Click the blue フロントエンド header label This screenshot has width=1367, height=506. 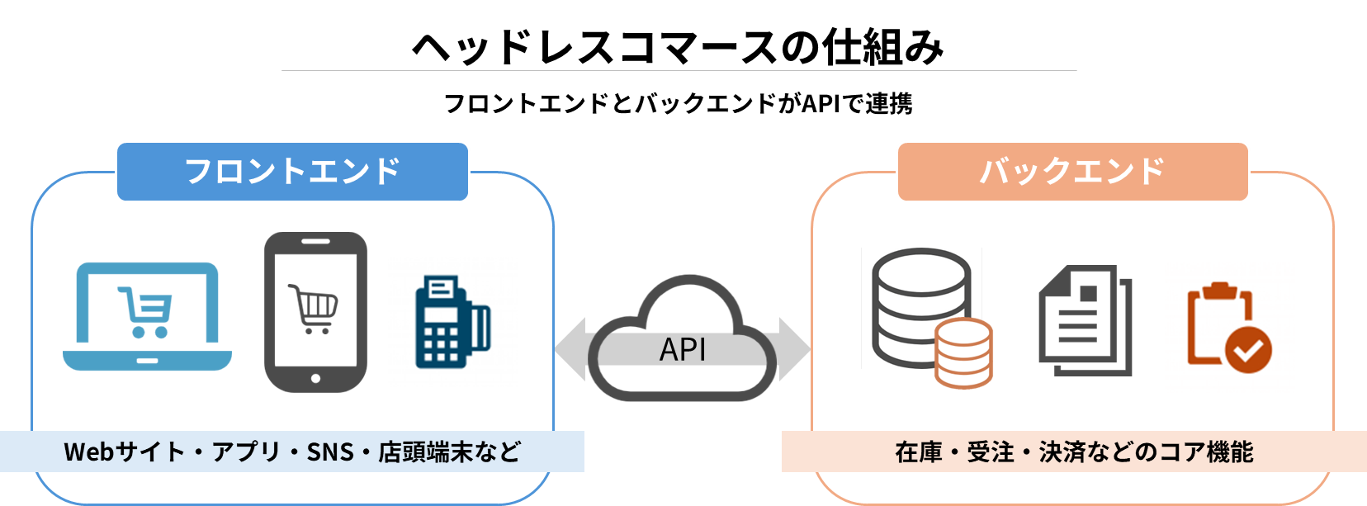(292, 171)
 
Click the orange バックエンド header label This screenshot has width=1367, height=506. (1072, 171)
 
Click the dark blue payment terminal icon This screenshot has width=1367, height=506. (452, 323)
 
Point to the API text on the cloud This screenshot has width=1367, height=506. (683, 349)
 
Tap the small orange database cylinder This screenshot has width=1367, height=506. (963, 352)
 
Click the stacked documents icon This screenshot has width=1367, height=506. (1084, 320)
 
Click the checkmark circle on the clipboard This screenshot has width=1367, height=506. (1248, 350)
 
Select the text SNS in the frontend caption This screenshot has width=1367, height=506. (330, 452)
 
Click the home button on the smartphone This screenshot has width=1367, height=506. (315, 379)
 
